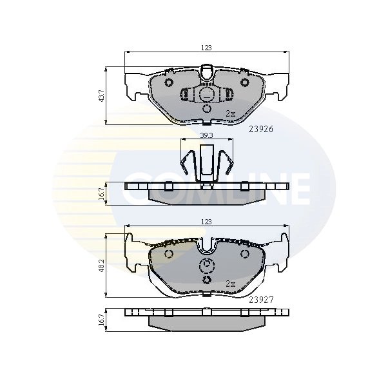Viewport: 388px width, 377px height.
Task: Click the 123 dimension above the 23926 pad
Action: coord(206,48)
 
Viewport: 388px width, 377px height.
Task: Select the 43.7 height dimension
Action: coord(101,95)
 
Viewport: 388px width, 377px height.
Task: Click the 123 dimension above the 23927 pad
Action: coord(206,221)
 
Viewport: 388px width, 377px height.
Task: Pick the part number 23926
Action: coord(261,128)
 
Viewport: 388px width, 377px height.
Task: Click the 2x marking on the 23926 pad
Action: coord(230,113)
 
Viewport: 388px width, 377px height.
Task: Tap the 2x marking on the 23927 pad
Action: coord(230,284)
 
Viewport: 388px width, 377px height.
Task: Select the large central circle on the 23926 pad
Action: coord(207,95)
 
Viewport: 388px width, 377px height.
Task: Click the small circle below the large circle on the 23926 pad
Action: coord(207,109)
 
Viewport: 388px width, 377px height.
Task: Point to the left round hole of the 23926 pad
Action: coord(169,82)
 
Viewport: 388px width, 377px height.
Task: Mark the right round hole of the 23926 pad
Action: coord(245,82)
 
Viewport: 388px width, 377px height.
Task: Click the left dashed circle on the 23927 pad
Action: coord(170,255)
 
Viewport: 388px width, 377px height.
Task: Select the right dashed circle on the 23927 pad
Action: coord(244,255)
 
